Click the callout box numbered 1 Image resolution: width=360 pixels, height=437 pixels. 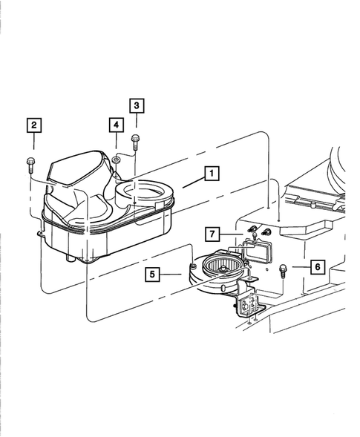(x=212, y=175)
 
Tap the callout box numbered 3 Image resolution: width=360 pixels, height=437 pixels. (x=137, y=105)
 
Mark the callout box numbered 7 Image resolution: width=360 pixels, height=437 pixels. (x=212, y=236)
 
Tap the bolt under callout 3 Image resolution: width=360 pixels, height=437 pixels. (x=134, y=140)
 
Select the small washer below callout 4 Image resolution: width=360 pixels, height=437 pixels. (x=117, y=158)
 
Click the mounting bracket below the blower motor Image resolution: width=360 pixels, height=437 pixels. (x=248, y=304)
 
